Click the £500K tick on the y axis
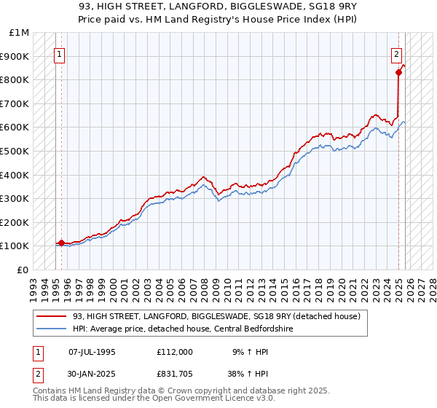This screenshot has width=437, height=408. (16, 151)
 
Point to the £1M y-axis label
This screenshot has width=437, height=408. (20, 33)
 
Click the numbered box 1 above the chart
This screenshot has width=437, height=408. (59, 53)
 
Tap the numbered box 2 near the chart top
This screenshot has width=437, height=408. (397, 53)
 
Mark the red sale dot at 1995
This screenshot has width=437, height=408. (61, 243)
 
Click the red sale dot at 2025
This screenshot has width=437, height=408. (399, 72)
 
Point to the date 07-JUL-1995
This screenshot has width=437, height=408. (92, 351)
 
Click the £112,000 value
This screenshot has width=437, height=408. (174, 351)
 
